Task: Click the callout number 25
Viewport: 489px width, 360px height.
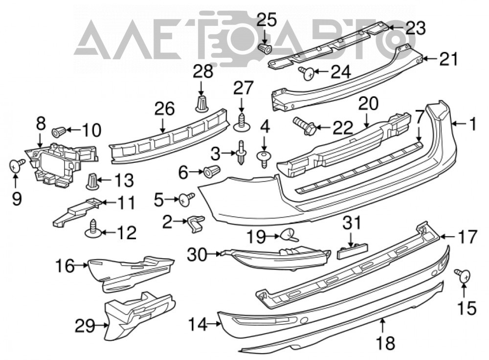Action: pos(267,20)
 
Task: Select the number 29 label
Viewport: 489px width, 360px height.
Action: pos(85,326)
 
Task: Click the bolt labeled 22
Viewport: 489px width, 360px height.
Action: pos(305,126)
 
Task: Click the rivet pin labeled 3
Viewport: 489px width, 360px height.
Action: pos(242,153)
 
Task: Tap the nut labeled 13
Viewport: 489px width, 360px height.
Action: pos(92,181)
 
